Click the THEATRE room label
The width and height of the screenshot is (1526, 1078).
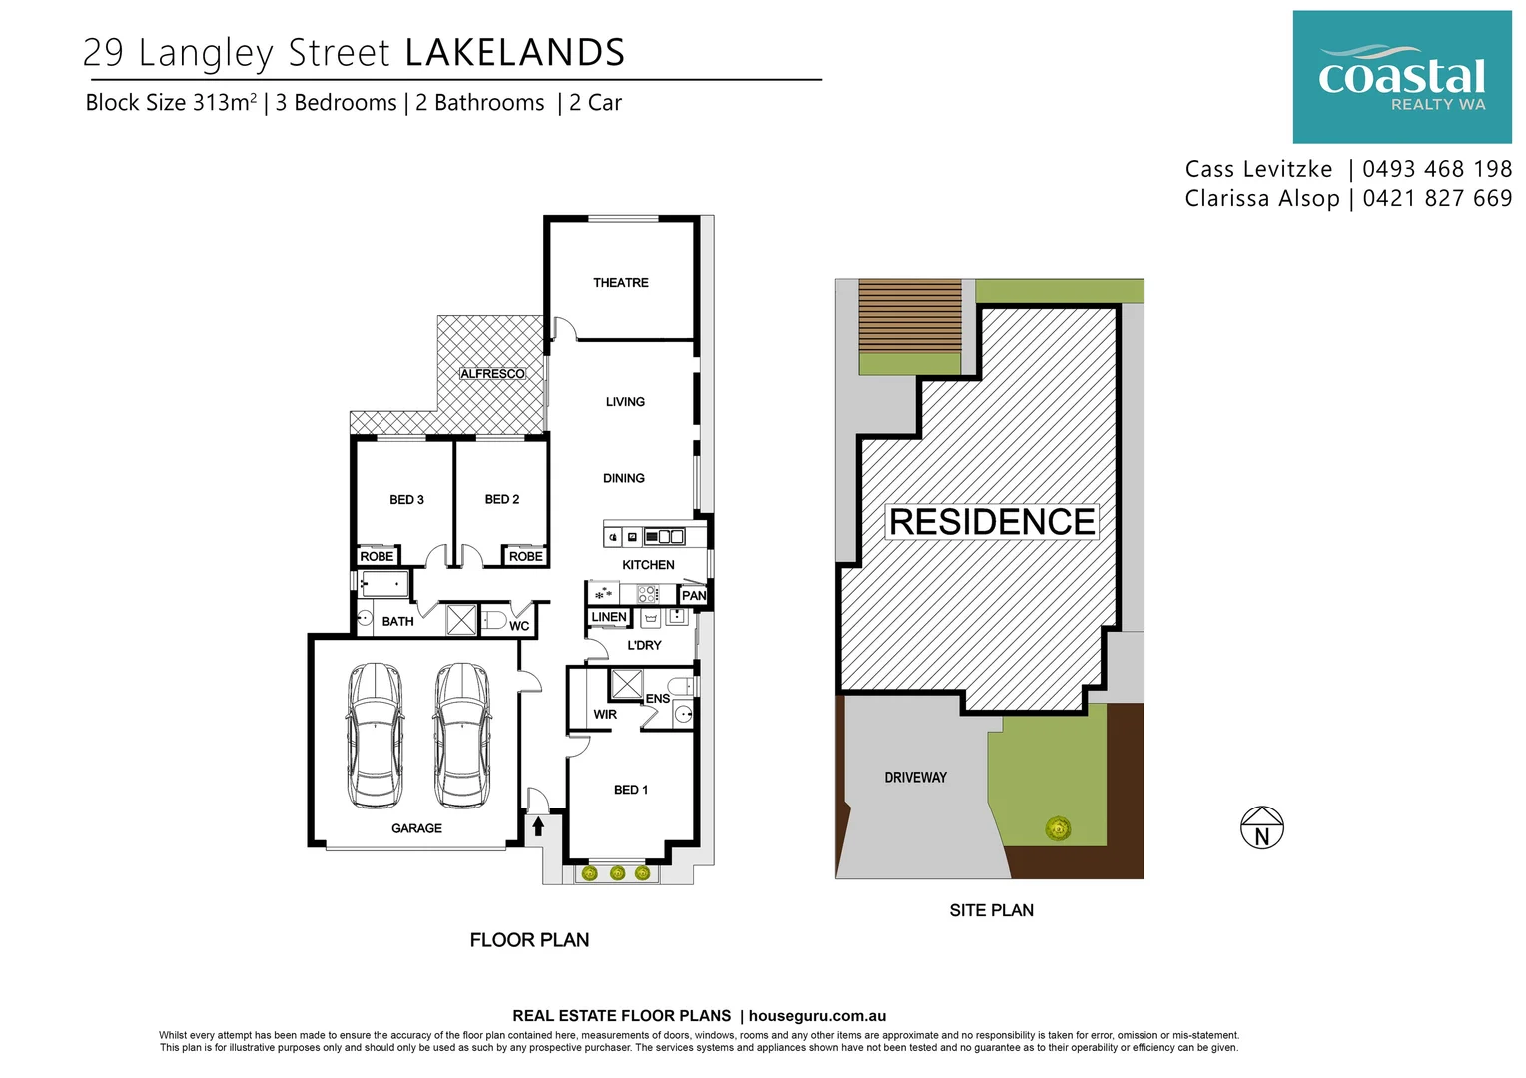coord(620,283)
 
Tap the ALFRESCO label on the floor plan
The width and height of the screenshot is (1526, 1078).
coord(492,374)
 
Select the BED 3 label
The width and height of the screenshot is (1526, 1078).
coord(406,499)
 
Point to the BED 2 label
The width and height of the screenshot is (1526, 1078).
coord(502,499)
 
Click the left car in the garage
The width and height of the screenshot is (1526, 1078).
coord(375,736)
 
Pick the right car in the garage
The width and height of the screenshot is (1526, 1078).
coord(461,736)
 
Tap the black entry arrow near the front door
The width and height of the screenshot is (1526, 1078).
coord(538,826)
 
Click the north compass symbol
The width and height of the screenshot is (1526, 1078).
coord(1261,828)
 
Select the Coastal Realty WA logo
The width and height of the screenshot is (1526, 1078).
coord(1401,78)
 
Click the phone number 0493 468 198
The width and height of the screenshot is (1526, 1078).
coord(1436,169)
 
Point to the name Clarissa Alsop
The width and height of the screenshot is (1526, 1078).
coord(1261,198)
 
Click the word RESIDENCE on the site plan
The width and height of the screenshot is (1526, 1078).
coord(992,522)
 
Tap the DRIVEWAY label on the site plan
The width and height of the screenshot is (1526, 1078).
coord(915,777)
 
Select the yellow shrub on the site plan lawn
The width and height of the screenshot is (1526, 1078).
coord(1057,827)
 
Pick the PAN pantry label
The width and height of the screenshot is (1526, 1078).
coord(693,596)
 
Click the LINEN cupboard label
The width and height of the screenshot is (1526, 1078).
coord(609,617)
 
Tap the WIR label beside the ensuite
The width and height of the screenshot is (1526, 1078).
coord(605,715)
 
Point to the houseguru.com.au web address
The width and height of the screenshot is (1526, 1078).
coord(817,1016)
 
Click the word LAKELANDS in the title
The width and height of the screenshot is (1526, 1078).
coord(515,53)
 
